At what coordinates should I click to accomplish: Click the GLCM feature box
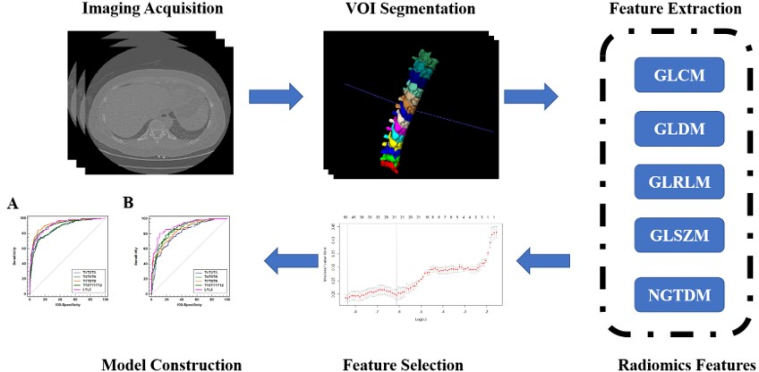(x=679, y=75)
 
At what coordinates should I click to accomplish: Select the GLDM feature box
(x=679, y=128)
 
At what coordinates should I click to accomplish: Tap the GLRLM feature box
(x=679, y=182)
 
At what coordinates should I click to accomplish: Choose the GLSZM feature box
(x=679, y=235)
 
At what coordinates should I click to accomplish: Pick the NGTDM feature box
(x=679, y=295)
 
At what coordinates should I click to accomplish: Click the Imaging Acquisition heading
(x=152, y=8)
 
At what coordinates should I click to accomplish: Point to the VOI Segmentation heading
(x=410, y=8)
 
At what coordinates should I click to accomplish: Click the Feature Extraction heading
(x=675, y=8)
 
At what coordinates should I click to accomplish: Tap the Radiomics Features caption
(x=686, y=365)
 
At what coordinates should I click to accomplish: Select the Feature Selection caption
(x=403, y=365)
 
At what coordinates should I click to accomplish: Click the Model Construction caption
(x=172, y=365)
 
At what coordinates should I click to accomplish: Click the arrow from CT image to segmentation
(x=276, y=97)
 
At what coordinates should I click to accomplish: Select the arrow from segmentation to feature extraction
(x=531, y=97)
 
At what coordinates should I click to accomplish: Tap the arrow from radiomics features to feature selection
(x=543, y=261)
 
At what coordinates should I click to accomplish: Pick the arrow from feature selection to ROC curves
(x=291, y=261)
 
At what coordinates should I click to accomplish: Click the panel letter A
(x=12, y=204)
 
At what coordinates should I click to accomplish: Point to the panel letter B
(x=128, y=203)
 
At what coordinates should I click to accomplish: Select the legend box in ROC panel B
(x=210, y=281)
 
